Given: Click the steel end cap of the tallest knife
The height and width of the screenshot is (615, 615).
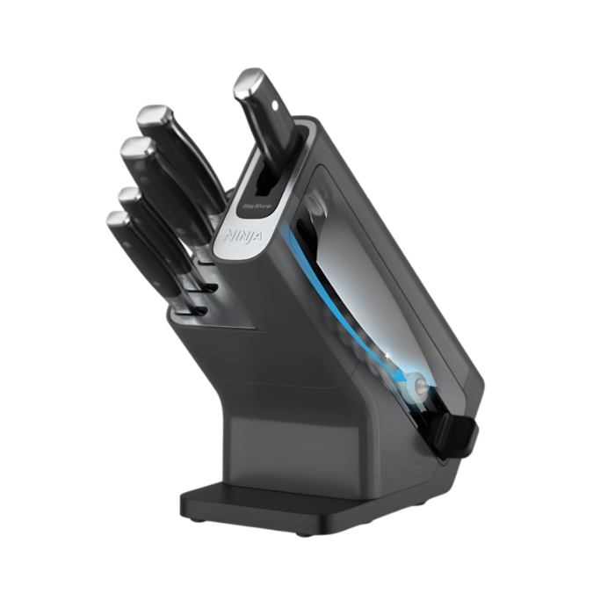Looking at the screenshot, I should [250, 83].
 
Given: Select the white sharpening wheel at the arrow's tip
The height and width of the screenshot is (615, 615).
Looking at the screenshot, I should [417, 384].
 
